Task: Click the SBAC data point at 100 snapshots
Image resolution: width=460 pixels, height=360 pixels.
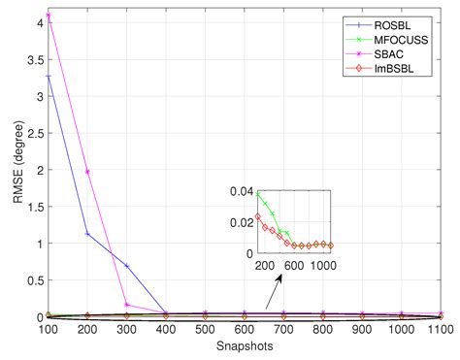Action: [47, 16]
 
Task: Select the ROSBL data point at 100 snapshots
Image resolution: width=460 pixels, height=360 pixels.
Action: [47, 77]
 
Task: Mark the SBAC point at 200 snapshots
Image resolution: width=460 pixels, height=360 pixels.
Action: [86, 172]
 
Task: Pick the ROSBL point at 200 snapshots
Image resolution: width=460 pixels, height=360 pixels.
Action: [86, 234]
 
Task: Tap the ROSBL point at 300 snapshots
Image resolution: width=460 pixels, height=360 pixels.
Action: [125, 266]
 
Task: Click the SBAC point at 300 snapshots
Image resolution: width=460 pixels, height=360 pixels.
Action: [125, 305]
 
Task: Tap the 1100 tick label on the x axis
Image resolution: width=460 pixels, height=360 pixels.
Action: [441, 331]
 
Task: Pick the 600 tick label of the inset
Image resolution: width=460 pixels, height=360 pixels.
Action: [294, 265]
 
